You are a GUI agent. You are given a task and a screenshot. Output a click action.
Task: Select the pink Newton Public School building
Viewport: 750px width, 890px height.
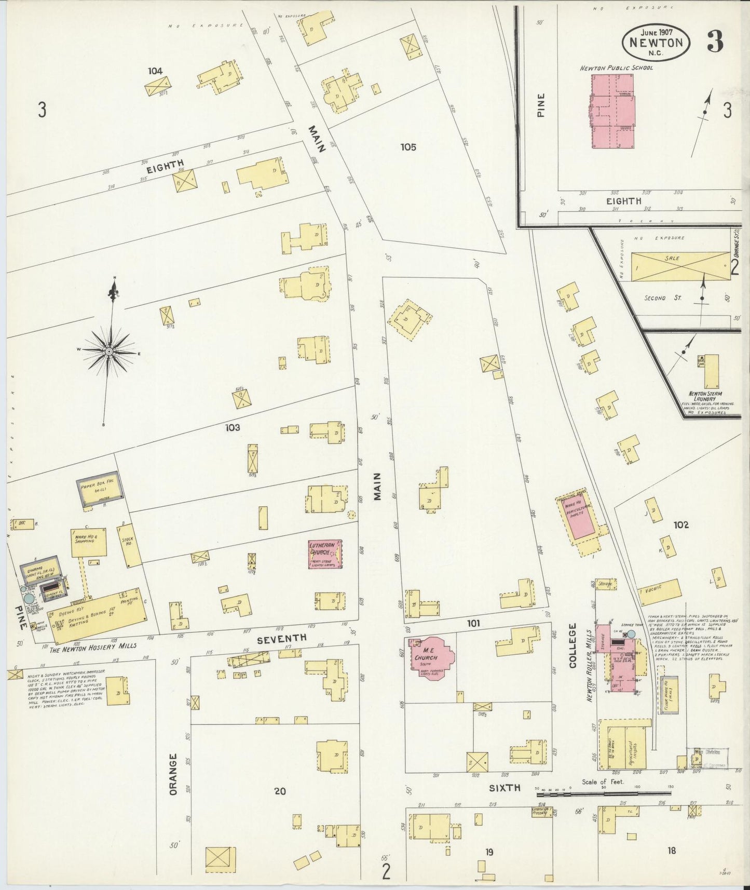point(612,111)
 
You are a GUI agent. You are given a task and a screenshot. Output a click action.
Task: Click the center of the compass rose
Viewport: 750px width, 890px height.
point(110,352)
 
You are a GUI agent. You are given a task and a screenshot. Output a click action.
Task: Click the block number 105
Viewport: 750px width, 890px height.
point(408,147)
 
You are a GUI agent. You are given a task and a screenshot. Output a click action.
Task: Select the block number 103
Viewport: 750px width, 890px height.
point(233,427)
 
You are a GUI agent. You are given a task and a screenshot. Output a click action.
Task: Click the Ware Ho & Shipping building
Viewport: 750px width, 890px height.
point(89,542)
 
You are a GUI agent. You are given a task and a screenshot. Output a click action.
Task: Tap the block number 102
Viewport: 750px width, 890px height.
point(681,525)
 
